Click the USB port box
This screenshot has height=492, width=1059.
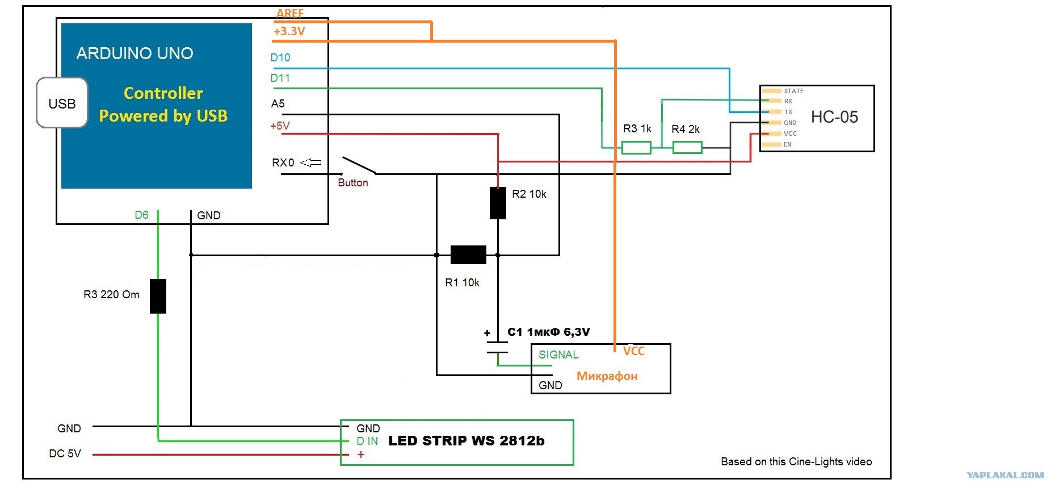[x=62, y=103]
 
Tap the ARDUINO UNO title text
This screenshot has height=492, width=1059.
[x=135, y=53]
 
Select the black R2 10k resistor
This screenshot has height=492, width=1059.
[x=498, y=203]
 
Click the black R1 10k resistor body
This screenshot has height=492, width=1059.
[x=468, y=255]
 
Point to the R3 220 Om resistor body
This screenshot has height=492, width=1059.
[x=158, y=296]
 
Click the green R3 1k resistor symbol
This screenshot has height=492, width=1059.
[x=636, y=148]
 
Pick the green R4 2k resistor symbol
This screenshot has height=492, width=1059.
[x=687, y=148]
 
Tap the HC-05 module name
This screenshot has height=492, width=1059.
[x=834, y=117]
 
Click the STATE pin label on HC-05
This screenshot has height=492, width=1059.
[x=793, y=91]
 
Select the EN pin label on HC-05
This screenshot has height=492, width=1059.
[x=787, y=144]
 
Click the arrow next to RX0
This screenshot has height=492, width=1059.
[x=310, y=162]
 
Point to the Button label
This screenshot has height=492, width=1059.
[x=353, y=182]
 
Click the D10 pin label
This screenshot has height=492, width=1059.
[x=280, y=57]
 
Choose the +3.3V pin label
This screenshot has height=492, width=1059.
[x=289, y=31]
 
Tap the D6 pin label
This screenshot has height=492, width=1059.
[x=141, y=215]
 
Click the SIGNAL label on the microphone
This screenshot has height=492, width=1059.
[x=558, y=355]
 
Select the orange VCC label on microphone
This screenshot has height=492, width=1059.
[x=634, y=351]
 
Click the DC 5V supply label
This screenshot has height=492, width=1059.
[x=65, y=453]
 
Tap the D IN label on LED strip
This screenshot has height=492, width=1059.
[x=367, y=441]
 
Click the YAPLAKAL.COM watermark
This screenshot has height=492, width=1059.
[x=1005, y=475]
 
